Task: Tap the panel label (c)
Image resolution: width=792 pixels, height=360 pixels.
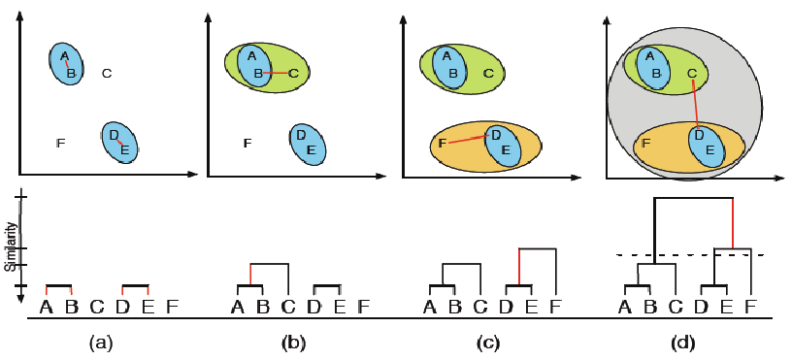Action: click(x=489, y=343)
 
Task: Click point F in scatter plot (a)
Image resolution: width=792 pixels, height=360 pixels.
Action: click(x=61, y=144)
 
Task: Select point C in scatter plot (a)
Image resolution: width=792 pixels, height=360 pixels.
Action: click(x=107, y=73)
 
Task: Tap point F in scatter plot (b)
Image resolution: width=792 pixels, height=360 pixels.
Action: click(x=247, y=144)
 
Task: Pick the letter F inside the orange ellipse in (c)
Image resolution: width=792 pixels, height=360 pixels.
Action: click(x=443, y=144)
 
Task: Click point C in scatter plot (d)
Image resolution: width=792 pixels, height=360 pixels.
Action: click(x=691, y=73)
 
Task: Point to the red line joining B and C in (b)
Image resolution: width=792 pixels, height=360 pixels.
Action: click(x=276, y=73)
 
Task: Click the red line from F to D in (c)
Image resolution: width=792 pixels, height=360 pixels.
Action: click(x=468, y=140)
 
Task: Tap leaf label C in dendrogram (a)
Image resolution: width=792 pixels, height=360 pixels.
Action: click(x=96, y=308)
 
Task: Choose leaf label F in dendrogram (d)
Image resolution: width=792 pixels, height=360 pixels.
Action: click(x=750, y=308)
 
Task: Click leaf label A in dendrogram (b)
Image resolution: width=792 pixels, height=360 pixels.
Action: click(x=238, y=308)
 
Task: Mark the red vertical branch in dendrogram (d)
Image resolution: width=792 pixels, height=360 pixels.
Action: click(x=731, y=223)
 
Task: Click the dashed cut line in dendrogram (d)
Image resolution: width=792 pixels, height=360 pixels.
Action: click(x=679, y=255)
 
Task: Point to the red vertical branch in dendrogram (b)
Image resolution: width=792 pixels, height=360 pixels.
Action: click(x=250, y=274)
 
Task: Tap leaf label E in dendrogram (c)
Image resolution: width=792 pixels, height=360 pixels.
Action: click(x=530, y=308)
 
